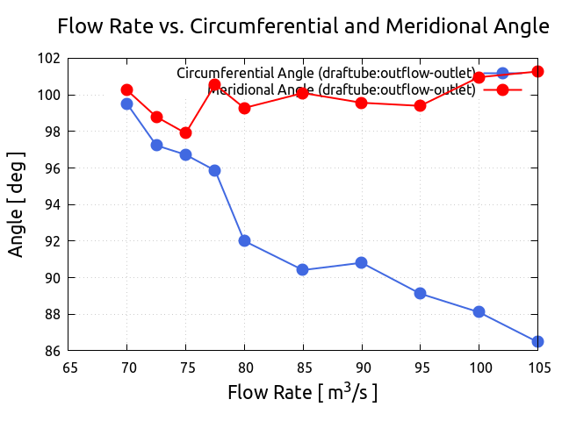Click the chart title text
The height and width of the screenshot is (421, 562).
[303, 26]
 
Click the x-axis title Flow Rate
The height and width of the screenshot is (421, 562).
[303, 392]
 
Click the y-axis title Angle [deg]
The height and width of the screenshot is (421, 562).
[17, 204]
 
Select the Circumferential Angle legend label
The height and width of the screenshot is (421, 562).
[326, 73]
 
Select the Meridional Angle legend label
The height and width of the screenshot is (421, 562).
[342, 89]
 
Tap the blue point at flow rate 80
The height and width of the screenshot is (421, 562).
[244, 240]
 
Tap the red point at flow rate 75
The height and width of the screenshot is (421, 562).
[185, 132]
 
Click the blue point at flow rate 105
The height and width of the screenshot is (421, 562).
[537, 341]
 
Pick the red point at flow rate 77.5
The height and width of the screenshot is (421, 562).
[215, 84]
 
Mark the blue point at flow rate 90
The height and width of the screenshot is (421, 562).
[361, 262]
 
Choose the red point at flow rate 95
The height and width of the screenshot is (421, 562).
[420, 105]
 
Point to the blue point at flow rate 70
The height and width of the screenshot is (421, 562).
[126, 103]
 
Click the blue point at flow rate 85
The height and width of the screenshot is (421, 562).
[302, 269]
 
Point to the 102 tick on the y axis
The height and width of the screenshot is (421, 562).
[49, 59]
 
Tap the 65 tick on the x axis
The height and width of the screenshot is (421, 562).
[68, 367]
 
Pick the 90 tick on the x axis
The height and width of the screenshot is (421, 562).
[362, 367]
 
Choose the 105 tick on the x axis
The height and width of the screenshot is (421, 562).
[537, 367]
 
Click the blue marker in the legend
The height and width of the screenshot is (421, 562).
[502, 73]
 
